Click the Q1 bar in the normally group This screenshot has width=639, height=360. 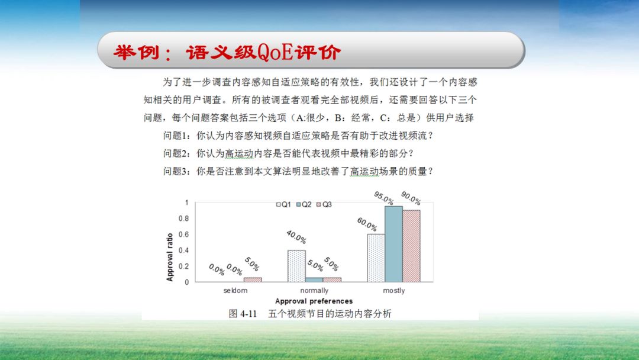click(296, 266)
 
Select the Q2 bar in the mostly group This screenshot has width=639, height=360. click(393, 244)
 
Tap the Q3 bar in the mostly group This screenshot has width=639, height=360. click(411, 246)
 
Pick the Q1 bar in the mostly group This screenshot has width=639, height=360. click(376, 258)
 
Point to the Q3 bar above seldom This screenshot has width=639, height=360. click(253, 279)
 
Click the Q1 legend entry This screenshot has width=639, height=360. click(284, 204)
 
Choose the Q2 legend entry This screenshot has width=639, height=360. click(304, 204)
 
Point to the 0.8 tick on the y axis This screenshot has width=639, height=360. click(183, 218)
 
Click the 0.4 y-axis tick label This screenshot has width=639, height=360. click(183, 250)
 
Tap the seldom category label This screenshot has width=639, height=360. click(235, 291)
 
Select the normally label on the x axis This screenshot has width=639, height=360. click(314, 291)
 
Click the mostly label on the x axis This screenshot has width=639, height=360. click(393, 291)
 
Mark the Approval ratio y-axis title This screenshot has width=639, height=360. click(170, 256)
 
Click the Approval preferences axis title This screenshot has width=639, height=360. click(314, 301)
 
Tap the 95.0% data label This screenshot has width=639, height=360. click(383, 197)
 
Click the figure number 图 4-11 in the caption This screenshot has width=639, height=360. click(243, 314)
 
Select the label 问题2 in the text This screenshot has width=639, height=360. click(176, 153)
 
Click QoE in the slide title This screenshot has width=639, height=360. click(275, 52)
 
